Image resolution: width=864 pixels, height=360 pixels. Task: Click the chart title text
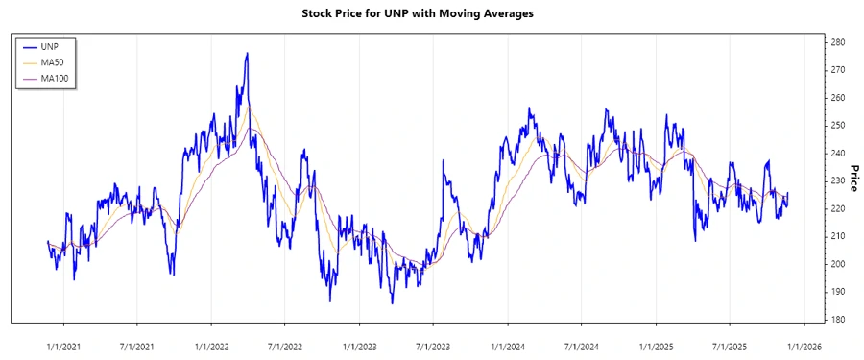431,13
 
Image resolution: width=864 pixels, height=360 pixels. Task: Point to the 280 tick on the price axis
837,43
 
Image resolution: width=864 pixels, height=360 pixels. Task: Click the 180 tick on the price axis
837,320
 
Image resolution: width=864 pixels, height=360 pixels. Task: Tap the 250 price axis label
837,126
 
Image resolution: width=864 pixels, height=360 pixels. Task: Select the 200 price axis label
837,264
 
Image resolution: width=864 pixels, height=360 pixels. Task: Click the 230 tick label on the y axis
837,181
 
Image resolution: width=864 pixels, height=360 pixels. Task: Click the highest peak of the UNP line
247,53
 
